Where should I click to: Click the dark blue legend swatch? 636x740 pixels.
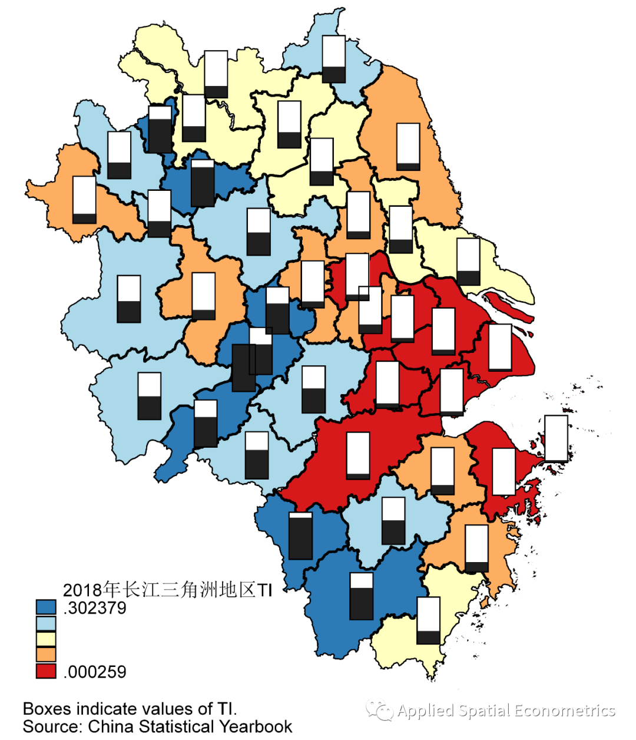pos(46,607)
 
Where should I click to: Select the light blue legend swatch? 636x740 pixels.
pos(46,623)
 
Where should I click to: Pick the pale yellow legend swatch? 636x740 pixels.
pos(46,639)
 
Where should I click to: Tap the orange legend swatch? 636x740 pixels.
pos(46,655)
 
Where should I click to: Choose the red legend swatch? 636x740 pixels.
pos(46,670)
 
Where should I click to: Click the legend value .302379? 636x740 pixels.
pos(94,607)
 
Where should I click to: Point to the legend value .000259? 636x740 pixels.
pos(94,672)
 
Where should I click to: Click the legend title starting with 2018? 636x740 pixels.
pos(167,590)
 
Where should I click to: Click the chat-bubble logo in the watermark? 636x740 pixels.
pos(380,710)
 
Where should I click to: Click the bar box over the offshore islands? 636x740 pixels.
pos(556,438)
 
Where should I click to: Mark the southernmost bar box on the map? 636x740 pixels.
pos(428,620)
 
